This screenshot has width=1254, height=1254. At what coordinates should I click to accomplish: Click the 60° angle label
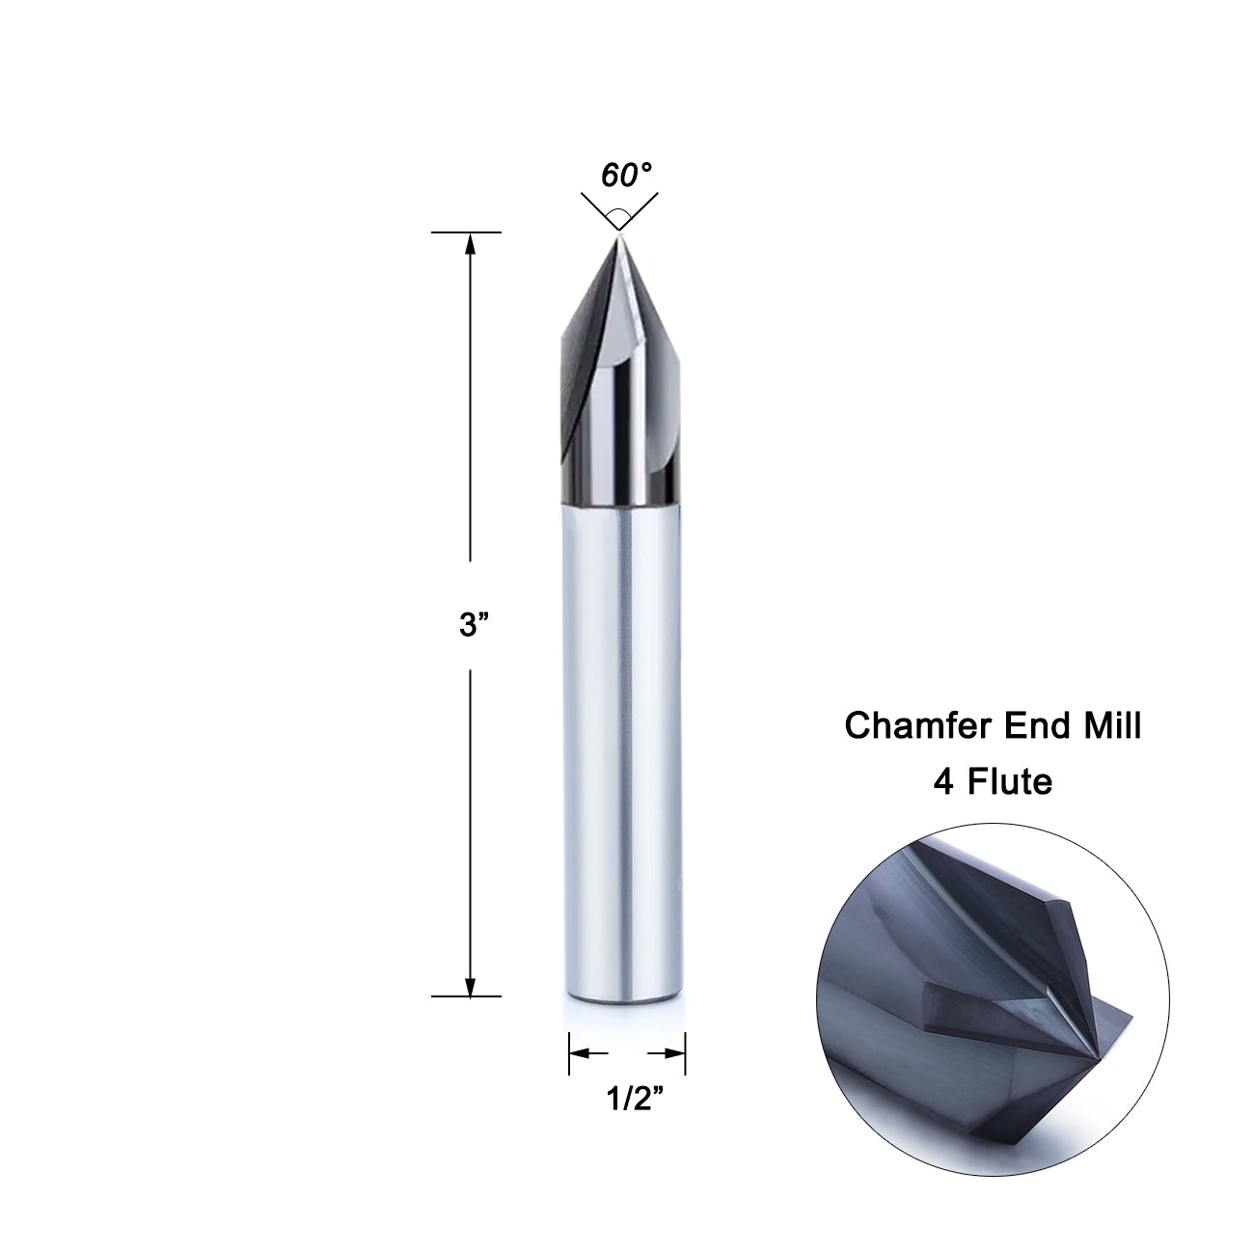coord(626,176)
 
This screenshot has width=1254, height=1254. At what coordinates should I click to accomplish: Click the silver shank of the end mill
coord(621,752)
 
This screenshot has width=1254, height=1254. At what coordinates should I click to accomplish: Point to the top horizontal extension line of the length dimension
coord(466,232)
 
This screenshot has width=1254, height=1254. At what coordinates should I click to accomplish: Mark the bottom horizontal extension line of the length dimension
coord(466,995)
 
